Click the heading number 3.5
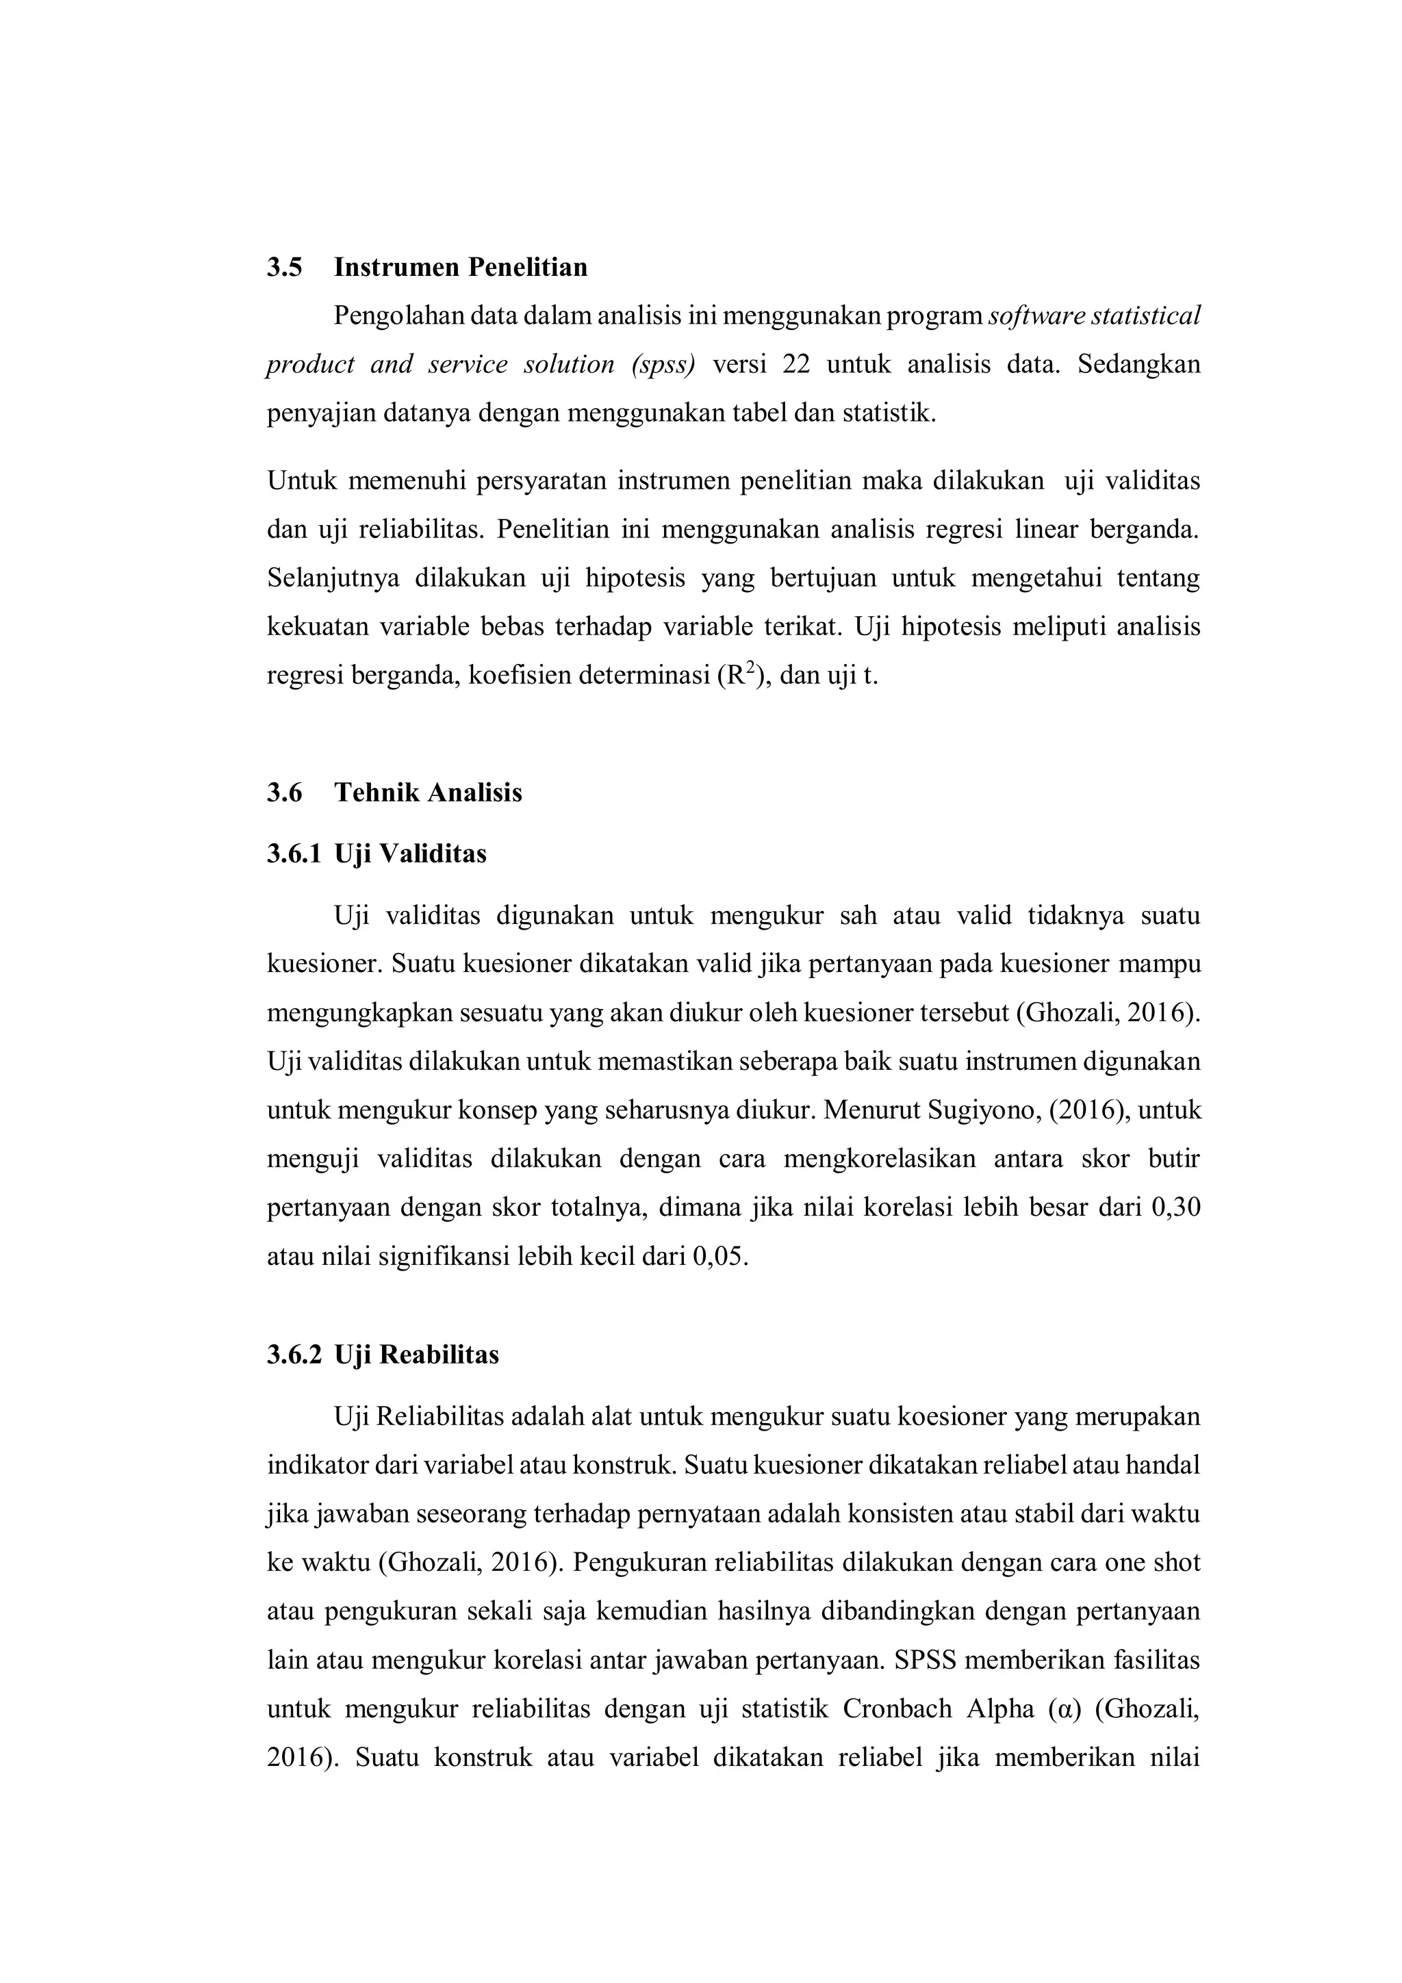[284, 268]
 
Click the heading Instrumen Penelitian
[461, 268]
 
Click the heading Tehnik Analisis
[428, 793]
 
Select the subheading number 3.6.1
[293, 854]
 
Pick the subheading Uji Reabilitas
[416, 1355]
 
